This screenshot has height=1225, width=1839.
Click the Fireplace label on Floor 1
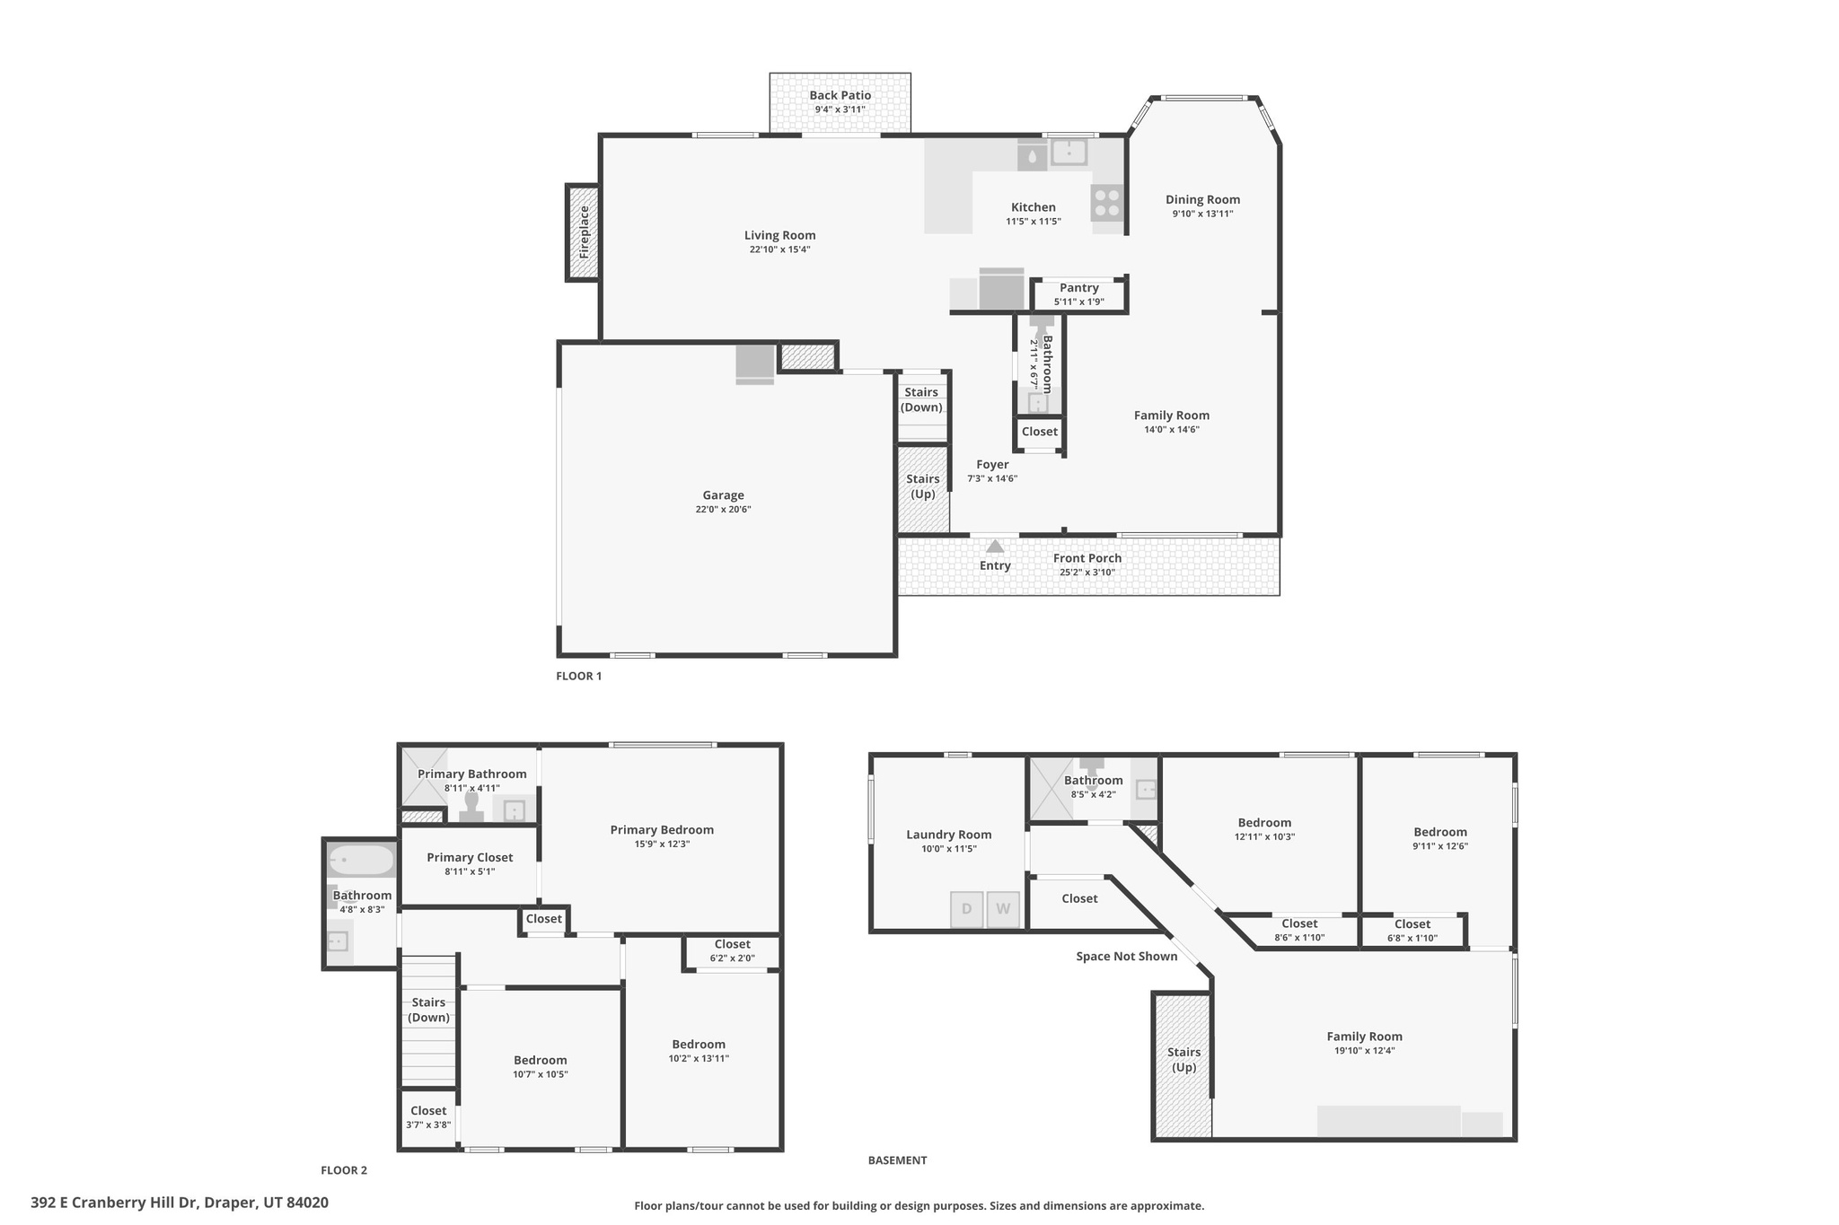585,232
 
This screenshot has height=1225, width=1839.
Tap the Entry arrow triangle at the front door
995,546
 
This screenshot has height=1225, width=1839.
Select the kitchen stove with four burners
1107,203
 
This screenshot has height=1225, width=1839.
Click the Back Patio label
840,95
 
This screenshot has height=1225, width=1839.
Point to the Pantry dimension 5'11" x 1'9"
1078,302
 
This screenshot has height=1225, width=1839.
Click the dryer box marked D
966,909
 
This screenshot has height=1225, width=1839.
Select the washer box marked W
1003,909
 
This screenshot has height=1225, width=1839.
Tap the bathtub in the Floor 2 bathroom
361,861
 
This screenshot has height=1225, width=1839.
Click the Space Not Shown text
1126,957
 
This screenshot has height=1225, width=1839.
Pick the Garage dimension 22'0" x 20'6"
723,510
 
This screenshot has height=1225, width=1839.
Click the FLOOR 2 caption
344,1170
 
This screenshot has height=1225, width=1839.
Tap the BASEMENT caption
897,1160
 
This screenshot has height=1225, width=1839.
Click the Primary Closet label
470,857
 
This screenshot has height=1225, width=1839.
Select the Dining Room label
1202,200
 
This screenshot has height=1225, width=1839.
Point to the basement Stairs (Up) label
1183,1060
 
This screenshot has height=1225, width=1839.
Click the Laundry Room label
948,835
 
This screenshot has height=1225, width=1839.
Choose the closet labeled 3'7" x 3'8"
428,1117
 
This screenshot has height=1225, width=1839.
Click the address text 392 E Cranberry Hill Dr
180,1203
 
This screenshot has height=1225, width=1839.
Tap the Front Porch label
1087,558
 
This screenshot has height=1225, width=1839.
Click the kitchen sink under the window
1069,152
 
